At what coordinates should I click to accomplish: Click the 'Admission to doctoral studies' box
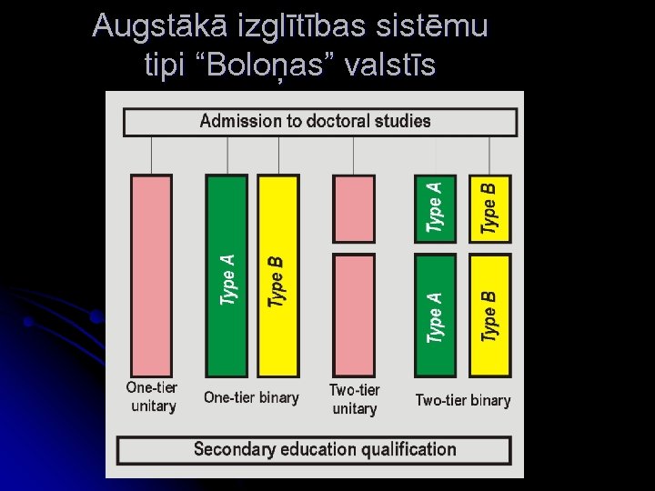[x=319, y=122]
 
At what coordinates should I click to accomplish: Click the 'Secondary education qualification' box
[x=314, y=449]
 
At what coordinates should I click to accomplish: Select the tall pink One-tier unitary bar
[x=151, y=276]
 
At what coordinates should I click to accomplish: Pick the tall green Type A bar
[x=227, y=276]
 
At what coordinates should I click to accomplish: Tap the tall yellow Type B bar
[x=277, y=276]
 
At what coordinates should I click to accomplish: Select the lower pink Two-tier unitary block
[x=354, y=315]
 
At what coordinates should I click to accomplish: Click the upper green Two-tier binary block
[x=435, y=208]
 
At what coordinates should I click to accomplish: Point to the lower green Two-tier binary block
[x=435, y=315]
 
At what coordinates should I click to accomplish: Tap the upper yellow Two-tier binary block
[x=489, y=208]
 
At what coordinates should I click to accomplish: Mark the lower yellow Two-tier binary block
[x=489, y=315]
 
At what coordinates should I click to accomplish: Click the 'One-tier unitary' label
[x=152, y=396]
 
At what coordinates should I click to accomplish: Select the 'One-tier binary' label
[x=251, y=397]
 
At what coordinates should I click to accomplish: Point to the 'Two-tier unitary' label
[x=354, y=399]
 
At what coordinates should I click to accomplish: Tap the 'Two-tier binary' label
[x=462, y=400]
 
